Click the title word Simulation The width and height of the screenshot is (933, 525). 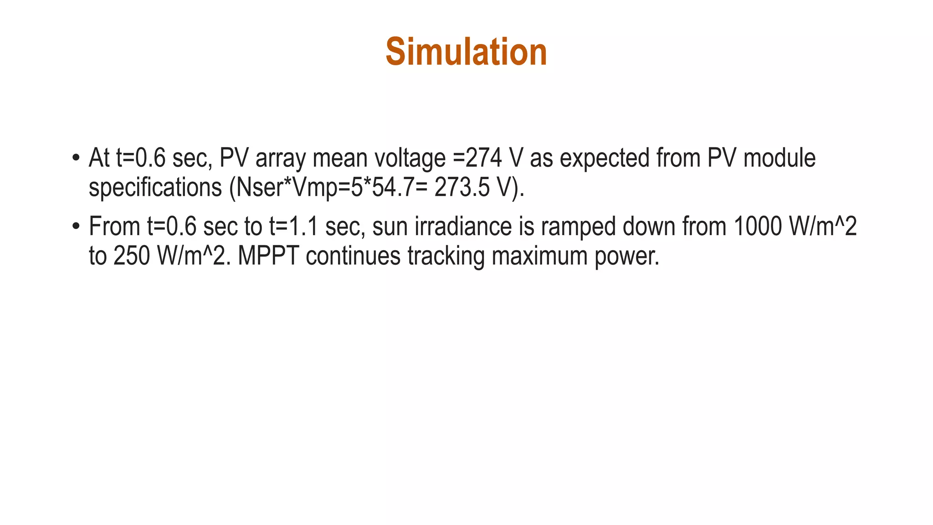(x=466, y=52)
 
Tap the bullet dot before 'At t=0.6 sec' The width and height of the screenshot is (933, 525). (x=76, y=158)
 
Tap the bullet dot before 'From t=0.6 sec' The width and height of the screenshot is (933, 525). (x=76, y=226)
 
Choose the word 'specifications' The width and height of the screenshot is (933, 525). (x=155, y=188)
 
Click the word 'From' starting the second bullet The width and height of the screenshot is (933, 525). (x=114, y=226)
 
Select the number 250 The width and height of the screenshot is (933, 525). (x=131, y=256)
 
